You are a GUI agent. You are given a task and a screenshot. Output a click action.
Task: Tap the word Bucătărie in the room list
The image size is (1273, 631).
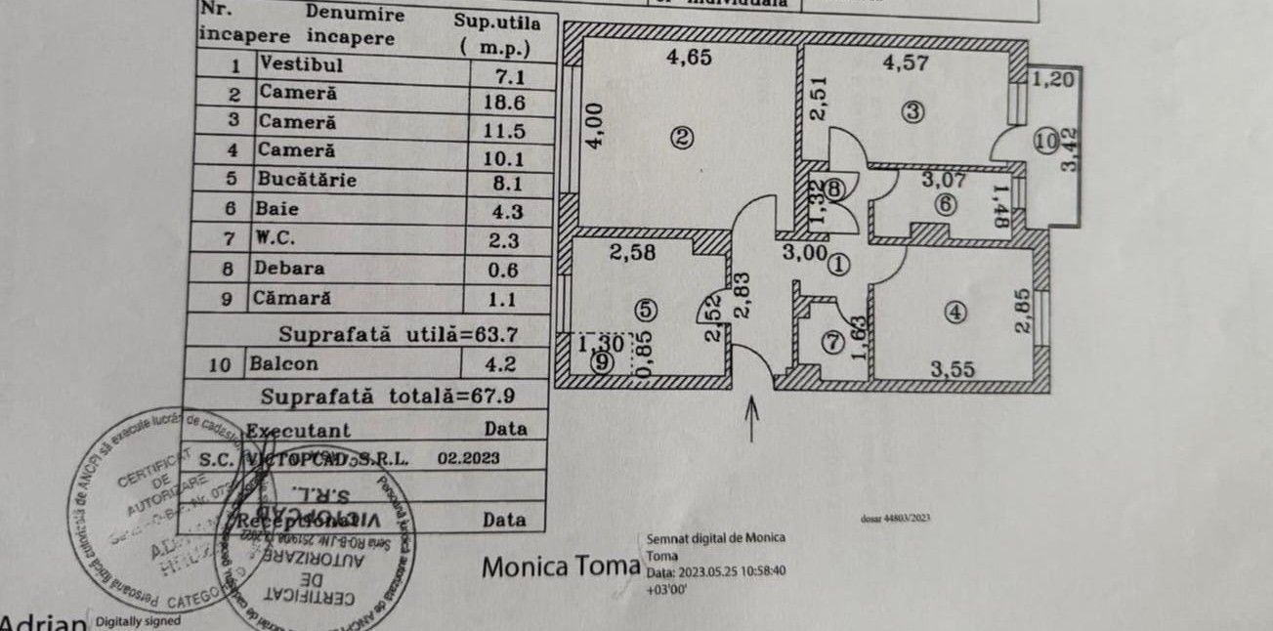[308, 181]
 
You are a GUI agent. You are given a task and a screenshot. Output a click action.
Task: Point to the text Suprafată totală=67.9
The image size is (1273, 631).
[388, 397]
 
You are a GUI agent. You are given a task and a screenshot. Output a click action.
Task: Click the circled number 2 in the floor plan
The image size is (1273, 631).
[683, 139]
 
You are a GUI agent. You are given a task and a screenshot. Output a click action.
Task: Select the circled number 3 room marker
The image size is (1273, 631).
[912, 111]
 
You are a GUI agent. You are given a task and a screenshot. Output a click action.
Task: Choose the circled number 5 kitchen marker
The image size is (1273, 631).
[643, 310]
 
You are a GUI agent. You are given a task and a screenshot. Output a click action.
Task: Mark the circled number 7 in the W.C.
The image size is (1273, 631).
[831, 343]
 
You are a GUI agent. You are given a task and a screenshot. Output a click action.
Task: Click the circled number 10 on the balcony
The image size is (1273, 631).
[1046, 142]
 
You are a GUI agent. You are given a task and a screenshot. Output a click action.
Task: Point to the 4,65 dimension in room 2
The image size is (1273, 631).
[690, 57]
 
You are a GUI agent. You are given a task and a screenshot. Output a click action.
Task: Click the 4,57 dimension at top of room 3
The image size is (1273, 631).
[905, 65]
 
